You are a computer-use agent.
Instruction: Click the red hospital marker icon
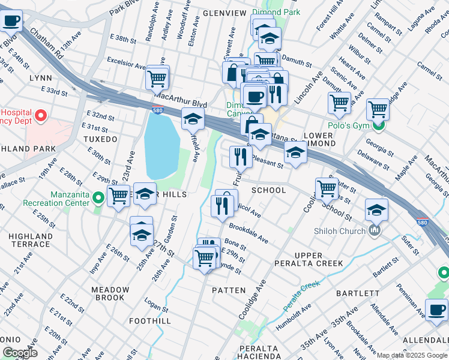(x=41, y=115)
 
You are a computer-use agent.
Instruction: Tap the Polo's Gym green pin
(x=378, y=125)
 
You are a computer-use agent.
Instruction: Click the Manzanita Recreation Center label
(x=55, y=199)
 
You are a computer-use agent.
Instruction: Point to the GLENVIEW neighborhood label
(x=224, y=13)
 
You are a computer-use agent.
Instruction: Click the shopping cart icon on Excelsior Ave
(x=157, y=78)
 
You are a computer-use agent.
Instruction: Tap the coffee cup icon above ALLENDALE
(x=436, y=310)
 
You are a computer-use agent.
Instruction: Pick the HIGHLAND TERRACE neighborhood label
(x=30, y=240)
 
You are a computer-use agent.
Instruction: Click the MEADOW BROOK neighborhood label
(x=110, y=293)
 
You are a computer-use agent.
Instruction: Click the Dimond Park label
(x=275, y=11)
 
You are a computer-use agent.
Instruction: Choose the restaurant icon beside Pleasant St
(x=240, y=157)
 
